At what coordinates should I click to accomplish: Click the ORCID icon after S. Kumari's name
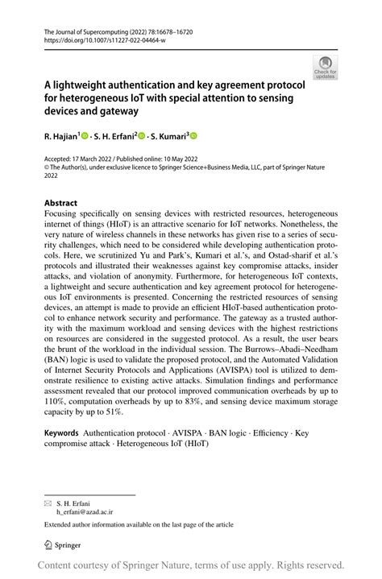click(x=193, y=138)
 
